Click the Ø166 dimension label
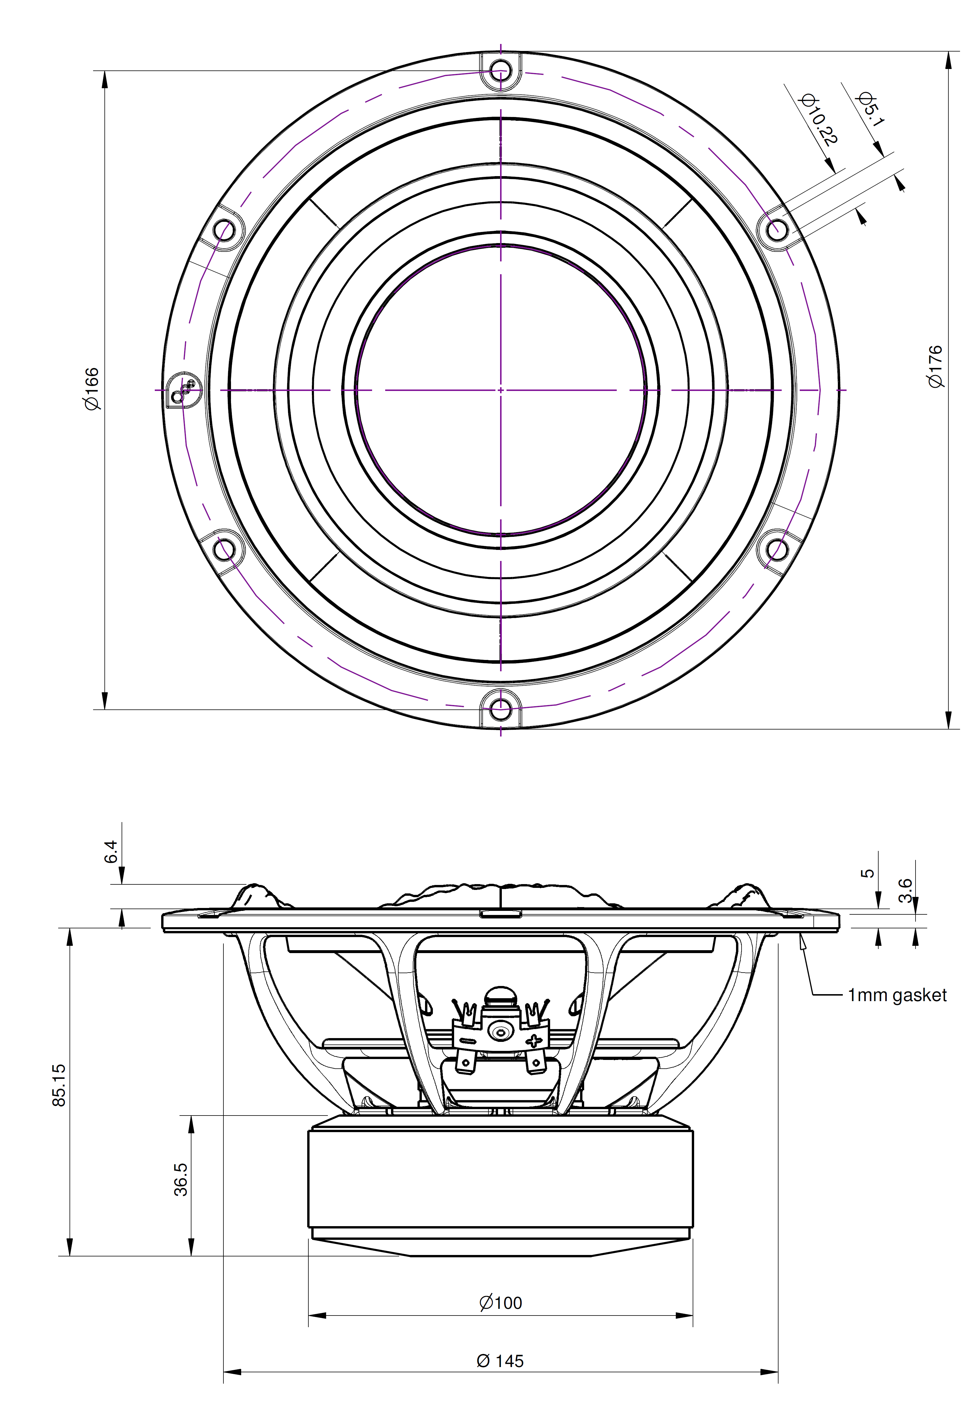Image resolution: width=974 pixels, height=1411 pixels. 92,389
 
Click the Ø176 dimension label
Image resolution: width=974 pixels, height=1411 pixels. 935,366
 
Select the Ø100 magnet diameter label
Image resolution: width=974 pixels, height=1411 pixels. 500,1303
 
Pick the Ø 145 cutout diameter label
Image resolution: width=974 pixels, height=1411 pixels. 500,1361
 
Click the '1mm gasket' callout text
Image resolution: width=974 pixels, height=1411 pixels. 897,995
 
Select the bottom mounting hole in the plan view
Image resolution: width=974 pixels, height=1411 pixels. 500,709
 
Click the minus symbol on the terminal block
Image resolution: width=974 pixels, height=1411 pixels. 468,1040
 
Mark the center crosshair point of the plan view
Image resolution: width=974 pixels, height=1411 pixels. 500,390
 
